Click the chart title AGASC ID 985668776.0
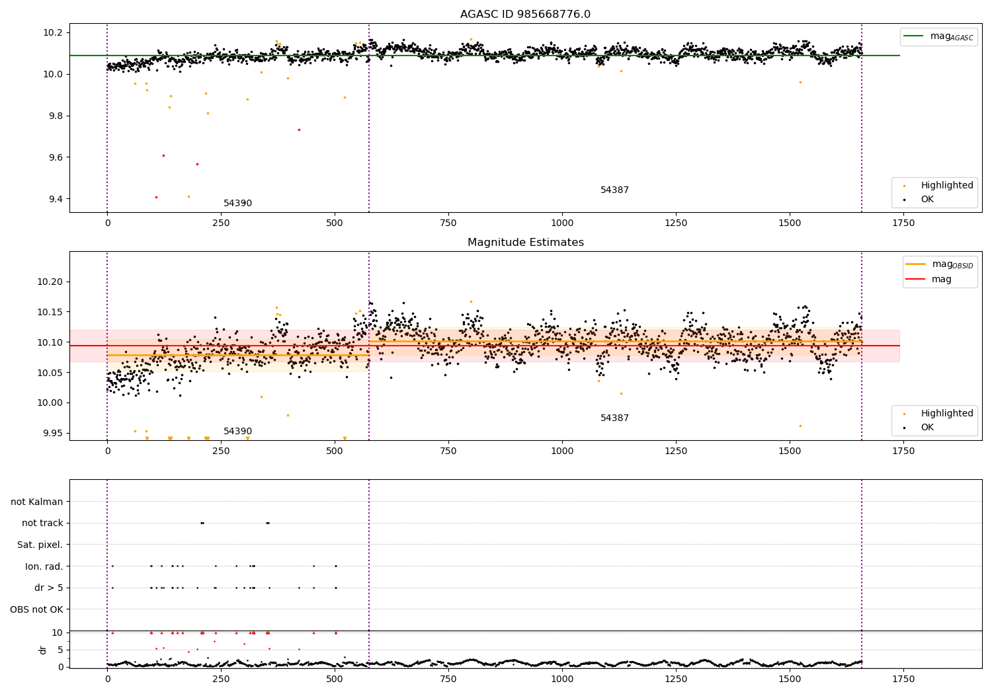pos(525,15)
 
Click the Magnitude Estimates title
pos(525,243)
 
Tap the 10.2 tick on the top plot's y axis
pos(53,33)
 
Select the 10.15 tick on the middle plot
pos(50,312)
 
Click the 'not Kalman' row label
pos(37,502)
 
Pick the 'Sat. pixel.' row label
pos(40,545)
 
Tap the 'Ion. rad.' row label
pos(44,566)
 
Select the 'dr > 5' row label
pos(48,588)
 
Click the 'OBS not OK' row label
pos(36,609)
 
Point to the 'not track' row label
pos(42,523)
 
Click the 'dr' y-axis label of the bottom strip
pos(43,650)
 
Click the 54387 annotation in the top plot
pos(614,190)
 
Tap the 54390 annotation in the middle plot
pos(237,432)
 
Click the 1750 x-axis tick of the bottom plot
pos(903,679)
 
